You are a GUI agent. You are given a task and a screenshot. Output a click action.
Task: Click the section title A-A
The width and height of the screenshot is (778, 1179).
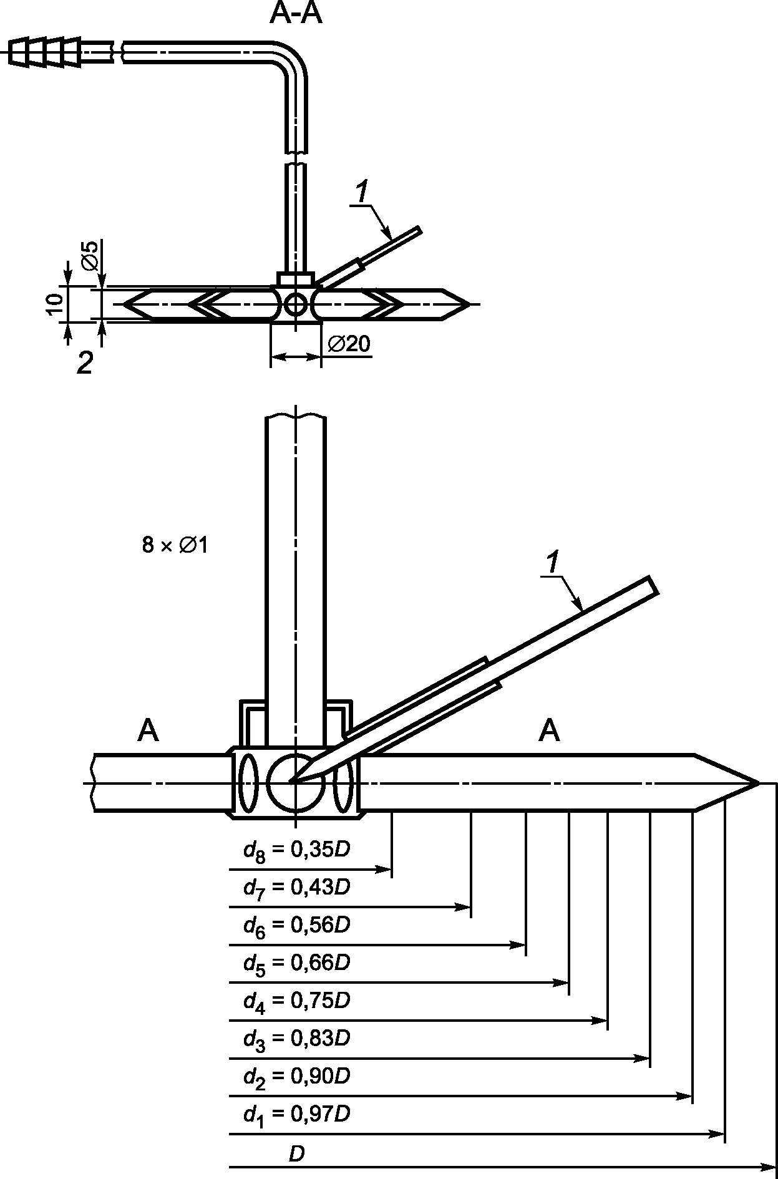coord(296,14)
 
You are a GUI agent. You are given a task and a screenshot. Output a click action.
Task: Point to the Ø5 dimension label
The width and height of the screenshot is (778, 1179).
coord(90,255)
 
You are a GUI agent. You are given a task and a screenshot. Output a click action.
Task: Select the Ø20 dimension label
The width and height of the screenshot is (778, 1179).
coord(348,344)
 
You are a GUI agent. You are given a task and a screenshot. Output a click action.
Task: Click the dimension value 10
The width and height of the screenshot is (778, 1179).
coord(55,304)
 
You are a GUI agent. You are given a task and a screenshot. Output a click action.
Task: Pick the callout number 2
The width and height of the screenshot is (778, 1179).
coord(84,363)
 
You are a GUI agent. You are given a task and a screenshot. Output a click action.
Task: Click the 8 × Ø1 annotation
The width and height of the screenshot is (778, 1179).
coord(175,545)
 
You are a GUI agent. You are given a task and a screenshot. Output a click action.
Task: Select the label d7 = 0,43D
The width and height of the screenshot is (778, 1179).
coord(297,888)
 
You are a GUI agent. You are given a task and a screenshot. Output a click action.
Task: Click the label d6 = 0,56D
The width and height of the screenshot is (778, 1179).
coord(297,925)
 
